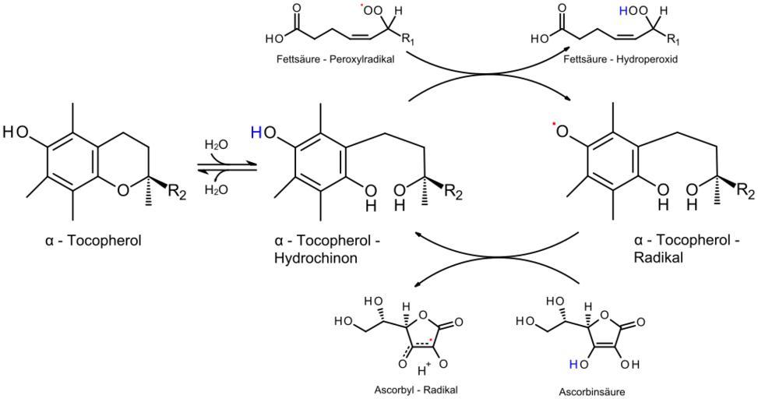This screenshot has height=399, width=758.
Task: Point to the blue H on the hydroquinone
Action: [256, 133]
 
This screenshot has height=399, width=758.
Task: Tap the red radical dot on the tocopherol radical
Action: [554, 125]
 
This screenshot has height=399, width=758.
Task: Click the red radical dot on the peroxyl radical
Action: [361, 7]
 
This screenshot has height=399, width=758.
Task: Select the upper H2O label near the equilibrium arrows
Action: [216, 144]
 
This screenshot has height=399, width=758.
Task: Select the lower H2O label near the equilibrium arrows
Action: [216, 189]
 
